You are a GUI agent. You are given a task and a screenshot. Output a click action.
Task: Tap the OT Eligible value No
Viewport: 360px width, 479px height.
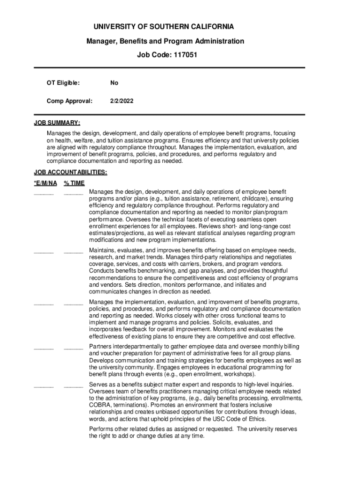pos(114,83)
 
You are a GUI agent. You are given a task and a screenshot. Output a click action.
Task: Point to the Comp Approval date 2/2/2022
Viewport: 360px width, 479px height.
pos(122,101)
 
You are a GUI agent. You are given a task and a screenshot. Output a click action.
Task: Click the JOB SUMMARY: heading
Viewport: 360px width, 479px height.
pos(57,123)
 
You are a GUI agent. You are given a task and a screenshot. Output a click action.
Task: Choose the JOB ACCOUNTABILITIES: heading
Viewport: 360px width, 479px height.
pos(71,172)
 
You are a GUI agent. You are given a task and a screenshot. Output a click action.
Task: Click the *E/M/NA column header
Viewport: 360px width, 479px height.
pos(45,183)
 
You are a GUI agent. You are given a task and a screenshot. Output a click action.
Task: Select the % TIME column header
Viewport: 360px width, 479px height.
pos(74,183)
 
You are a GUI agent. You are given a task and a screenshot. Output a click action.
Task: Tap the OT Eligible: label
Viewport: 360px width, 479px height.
pos(63,83)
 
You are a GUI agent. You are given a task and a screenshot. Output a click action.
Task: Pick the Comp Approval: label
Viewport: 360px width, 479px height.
pos(69,101)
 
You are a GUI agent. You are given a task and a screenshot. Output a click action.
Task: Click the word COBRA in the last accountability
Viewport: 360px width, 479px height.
pos(100,405)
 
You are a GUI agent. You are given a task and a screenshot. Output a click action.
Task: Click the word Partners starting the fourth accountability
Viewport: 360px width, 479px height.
pos(101,347)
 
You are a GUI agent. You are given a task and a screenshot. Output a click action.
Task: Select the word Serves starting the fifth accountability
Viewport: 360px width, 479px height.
pos(98,385)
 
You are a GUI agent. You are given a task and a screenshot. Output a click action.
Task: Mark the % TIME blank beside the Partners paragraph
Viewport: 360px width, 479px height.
pos(73,348)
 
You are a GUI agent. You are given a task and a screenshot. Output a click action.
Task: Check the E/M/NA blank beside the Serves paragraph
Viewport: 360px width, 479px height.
pos(43,386)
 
